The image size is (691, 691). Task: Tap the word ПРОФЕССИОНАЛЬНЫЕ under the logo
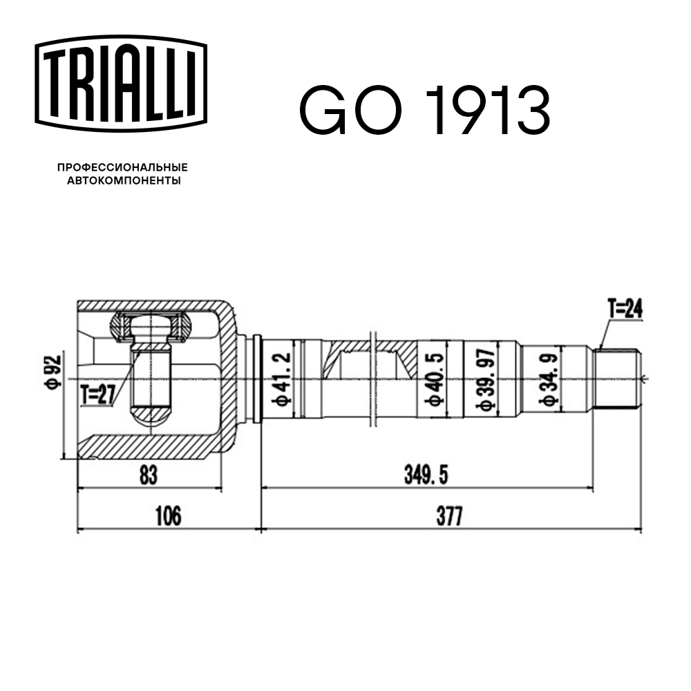coord(122,167)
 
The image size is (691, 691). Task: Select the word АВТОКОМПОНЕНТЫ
coord(122,181)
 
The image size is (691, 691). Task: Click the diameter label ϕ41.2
coord(281,379)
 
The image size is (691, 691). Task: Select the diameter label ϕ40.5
coord(433,379)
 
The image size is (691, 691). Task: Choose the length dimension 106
coord(168,516)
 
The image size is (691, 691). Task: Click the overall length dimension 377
coord(449,516)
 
